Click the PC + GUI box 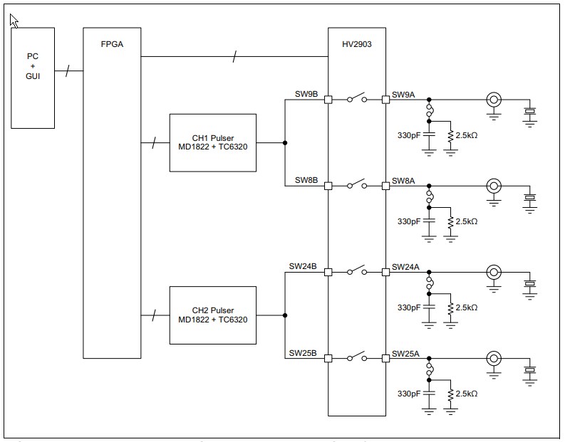[x=33, y=78]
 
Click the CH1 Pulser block [x=212, y=142]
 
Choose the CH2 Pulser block [x=212, y=315]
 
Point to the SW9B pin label [x=306, y=94]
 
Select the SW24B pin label [x=303, y=266]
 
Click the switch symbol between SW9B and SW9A [x=357, y=99]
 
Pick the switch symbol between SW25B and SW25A [x=357, y=357]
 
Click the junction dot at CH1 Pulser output [x=285, y=143]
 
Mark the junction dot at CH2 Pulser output [x=285, y=315]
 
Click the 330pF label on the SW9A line [x=408, y=135]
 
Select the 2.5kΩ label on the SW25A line [x=466, y=394]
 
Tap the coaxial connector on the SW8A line [x=492, y=186]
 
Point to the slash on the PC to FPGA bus [x=68, y=71]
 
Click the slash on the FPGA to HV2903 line [x=235, y=56]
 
